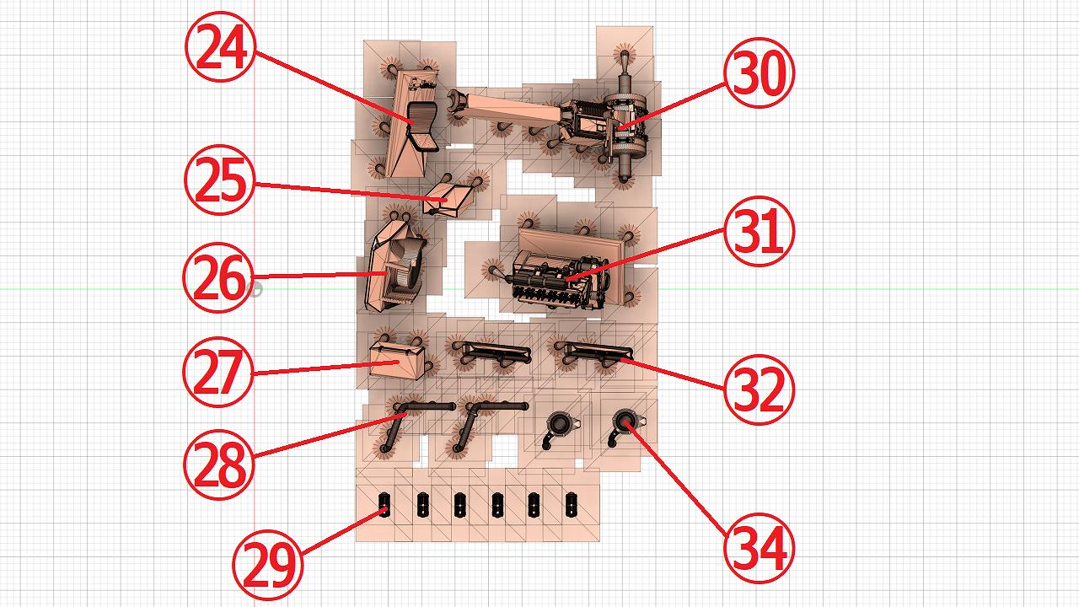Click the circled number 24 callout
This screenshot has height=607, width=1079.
[x=220, y=46]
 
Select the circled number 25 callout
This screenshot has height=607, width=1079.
[x=220, y=180]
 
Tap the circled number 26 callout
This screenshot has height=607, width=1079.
[x=218, y=277]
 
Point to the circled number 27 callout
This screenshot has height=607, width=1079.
[x=218, y=372]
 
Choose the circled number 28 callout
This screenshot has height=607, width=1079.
[x=219, y=465]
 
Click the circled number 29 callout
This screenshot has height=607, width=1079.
[x=268, y=565]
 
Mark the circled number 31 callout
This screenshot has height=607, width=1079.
[x=760, y=231]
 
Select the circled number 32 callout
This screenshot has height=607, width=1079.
[x=760, y=389]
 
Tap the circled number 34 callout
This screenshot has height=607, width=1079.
[x=760, y=548]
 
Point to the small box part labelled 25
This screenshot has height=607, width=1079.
[x=447, y=199]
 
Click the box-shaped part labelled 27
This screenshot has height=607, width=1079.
[x=397, y=361]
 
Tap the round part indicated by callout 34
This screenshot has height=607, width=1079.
[x=625, y=422]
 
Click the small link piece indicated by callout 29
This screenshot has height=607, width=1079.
[x=384, y=505]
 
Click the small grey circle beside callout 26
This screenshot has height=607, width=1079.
[x=255, y=289]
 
